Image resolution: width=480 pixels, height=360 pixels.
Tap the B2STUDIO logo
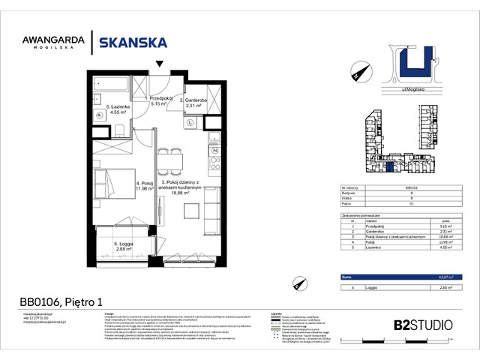423,325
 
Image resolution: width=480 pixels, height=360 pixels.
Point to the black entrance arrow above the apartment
158,64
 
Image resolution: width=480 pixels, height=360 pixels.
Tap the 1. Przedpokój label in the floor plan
162,101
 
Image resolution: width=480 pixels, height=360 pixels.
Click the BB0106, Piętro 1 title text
61,302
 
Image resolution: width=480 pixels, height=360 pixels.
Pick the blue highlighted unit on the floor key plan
389,169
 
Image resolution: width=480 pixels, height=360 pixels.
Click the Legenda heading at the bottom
276,314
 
